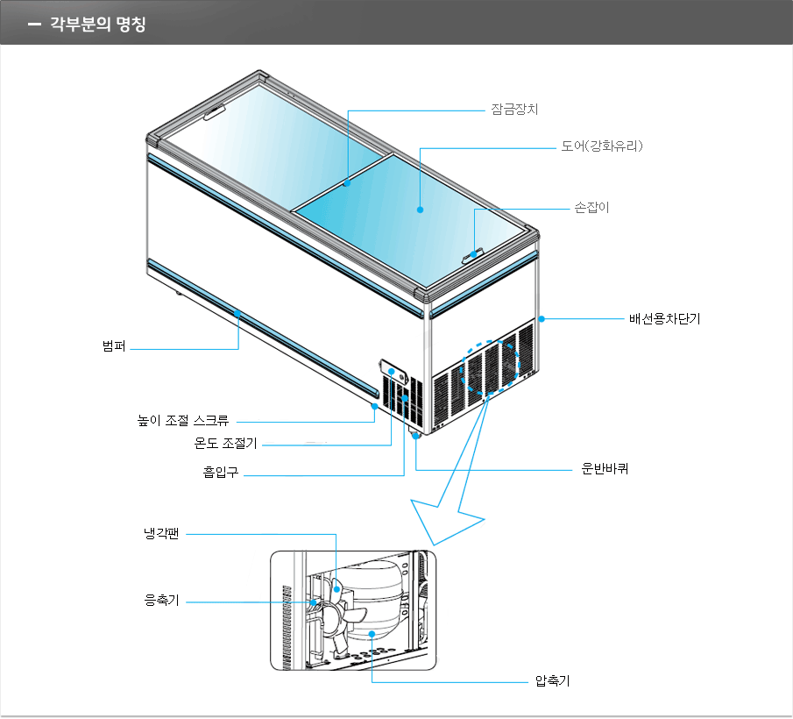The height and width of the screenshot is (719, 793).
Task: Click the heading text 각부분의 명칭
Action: pyautogui.click(x=97, y=24)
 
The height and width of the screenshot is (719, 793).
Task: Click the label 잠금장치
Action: pyautogui.click(x=513, y=110)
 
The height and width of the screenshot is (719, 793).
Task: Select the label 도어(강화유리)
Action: pyautogui.click(x=602, y=146)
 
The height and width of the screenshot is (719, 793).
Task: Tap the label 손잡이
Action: pyautogui.click(x=591, y=208)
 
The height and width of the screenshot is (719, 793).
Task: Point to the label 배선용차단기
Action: pyautogui.click(x=664, y=319)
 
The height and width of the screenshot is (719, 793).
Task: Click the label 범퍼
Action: pyautogui.click(x=114, y=347)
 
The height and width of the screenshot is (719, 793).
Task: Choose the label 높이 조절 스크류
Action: pyautogui.click(x=189, y=421)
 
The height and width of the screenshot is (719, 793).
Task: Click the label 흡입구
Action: pyautogui.click(x=221, y=474)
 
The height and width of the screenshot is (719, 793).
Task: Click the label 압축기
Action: pyautogui.click(x=552, y=681)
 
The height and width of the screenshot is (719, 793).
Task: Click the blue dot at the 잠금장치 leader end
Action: pyautogui.click(x=348, y=183)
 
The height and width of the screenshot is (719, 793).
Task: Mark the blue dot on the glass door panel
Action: pyautogui.click(x=420, y=210)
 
